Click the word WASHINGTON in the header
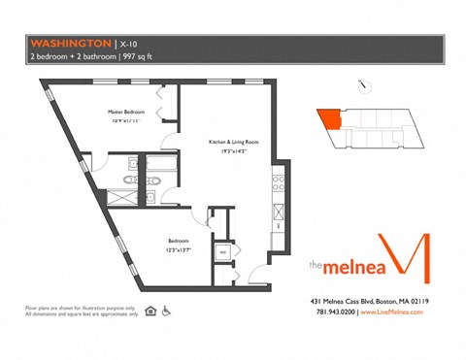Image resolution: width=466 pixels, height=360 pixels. (70, 43)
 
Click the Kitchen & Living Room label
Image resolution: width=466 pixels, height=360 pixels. (230, 143)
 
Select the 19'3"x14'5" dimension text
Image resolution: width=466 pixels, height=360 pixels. (230, 151)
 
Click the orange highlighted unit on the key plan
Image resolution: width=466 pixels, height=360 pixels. (330, 119)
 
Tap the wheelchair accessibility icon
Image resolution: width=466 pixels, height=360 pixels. (166, 311)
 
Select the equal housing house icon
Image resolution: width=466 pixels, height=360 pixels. (150, 311)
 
